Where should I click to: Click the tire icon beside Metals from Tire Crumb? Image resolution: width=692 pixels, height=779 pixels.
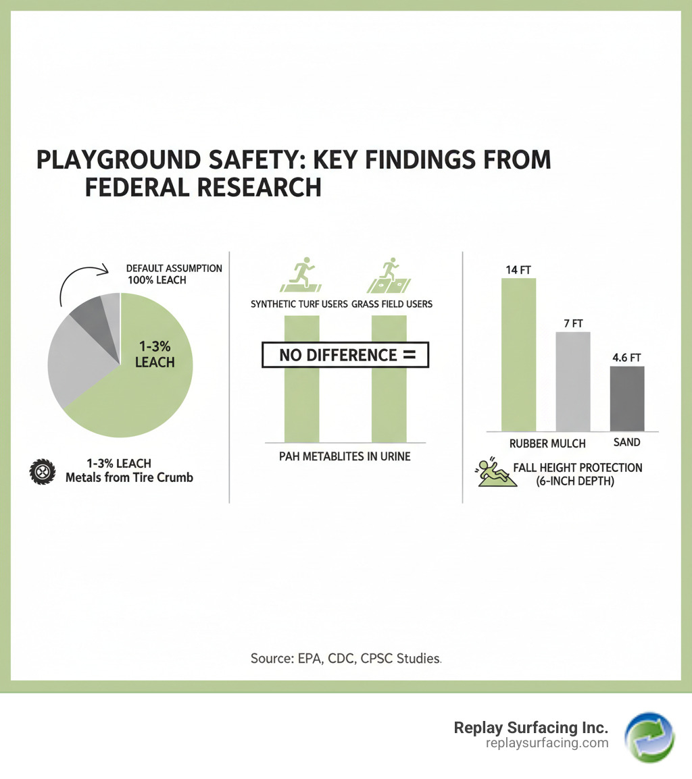coord(42,471)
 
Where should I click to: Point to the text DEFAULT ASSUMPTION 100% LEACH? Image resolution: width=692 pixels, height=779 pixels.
coord(174,273)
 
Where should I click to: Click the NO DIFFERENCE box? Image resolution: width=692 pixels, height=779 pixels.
coord(345,355)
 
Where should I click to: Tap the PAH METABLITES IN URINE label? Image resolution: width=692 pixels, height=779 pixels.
coord(345,457)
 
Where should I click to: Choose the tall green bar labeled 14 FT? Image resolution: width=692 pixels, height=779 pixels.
coord(518,354)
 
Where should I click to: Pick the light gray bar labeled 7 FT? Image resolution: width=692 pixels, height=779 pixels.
coord(573,381)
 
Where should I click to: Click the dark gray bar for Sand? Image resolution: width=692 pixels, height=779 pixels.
coord(626,398)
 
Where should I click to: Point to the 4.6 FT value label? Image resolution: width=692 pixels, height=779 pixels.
coord(626,357)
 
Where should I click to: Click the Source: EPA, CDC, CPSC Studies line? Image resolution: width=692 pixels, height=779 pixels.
coord(345,657)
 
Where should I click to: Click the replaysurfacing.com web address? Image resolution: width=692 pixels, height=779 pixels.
coord(547,743)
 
